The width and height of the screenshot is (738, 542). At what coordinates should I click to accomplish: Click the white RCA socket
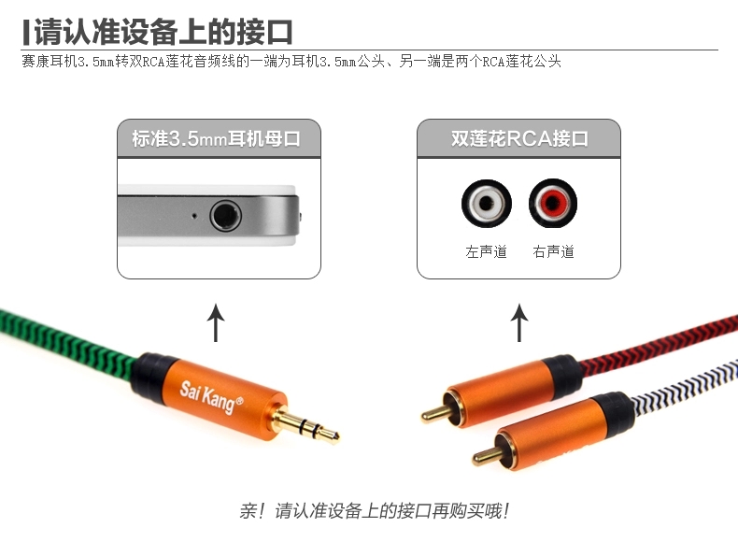point(486,204)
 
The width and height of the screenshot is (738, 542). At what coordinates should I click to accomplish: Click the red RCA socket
point(553,204)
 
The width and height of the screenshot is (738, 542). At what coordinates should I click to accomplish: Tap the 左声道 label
point(486,252)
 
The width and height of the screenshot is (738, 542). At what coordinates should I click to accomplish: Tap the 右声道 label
point(553,252)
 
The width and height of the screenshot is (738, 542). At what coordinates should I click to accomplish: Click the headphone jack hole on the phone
point(225,216)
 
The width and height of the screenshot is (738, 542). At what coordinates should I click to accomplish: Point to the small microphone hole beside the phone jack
point(194,216)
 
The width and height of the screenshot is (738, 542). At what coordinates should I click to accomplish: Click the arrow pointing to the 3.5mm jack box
point(216,322)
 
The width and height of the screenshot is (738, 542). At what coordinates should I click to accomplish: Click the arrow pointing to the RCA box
point(519,322)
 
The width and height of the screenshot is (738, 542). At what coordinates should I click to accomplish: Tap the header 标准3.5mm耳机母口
point(216,139)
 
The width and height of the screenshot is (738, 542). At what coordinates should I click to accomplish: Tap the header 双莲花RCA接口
point(519,139)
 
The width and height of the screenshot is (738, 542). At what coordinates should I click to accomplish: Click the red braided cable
point(659,344)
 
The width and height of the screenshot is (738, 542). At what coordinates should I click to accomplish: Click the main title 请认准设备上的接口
point(163,32)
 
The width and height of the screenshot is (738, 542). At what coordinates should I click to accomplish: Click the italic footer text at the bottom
point(375,511)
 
